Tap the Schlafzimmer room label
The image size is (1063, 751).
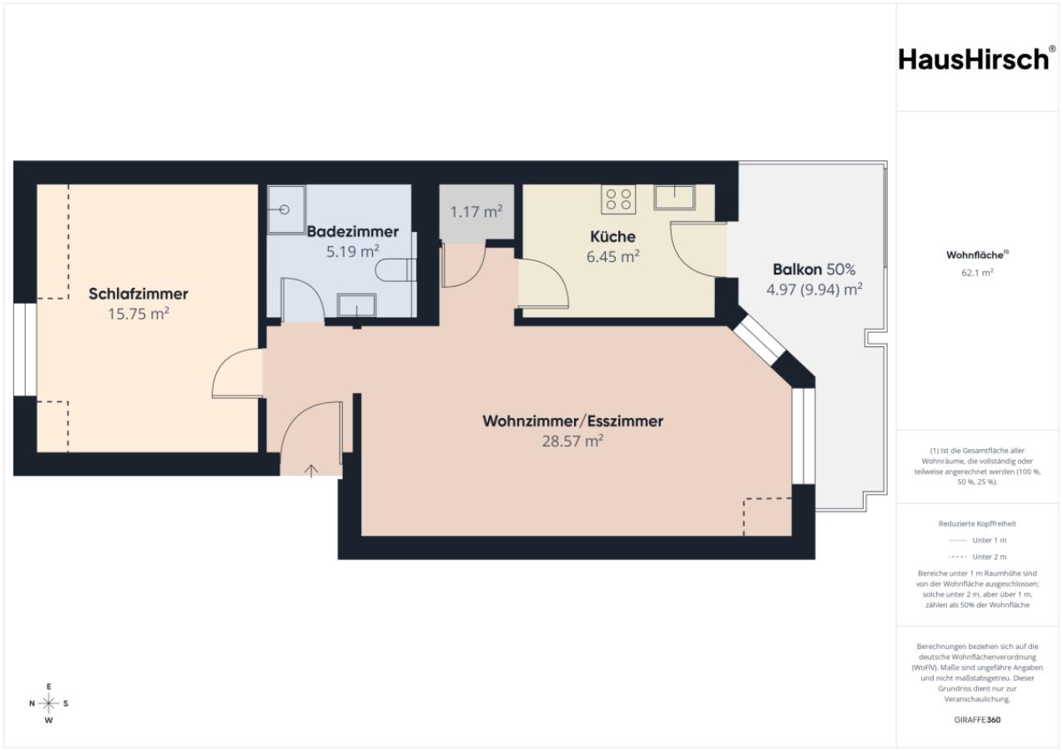pyautogui.click(x=139, y=294)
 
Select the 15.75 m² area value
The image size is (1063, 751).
pyautogui.click(x=139, y=314)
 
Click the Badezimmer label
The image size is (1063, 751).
pyautogui.click(x=353, y=232)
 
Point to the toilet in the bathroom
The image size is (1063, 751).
pyautogui.click(x=395, y=270)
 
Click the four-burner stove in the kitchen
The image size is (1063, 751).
pyautogui.click(x=619, y=199)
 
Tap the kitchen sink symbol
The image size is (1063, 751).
pyautogui.click(x=674, y=198)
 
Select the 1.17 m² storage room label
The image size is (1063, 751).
pyautogui.click(x=476, y=212)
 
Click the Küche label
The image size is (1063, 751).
pyautogui.click(x=612, y=236)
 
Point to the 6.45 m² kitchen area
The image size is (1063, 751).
pyautogui.click(x=612, y=257)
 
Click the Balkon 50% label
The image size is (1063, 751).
pyautogui.click(x=814, y=270)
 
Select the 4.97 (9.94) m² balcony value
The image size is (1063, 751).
pyautogui.click(x=814, y=290)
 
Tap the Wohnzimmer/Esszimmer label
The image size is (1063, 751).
pyautogui.click(x=572, y=421)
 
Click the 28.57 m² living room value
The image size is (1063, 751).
pyautogui.click(x=572, y=441)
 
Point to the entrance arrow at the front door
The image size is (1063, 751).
pyautogui.click(x=311, y=471)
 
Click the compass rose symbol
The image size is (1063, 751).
pyautogui.click(x=48, y=703)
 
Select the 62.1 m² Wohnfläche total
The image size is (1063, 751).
pyautogui.click(x=977, y=273)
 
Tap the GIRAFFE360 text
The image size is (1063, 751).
pyautogui.click(x=977, y=719)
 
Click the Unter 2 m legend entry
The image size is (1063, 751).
pyautogui.click(x=977, y=557)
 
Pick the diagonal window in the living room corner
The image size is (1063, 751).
pyautogui.click(x=758, y=340)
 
